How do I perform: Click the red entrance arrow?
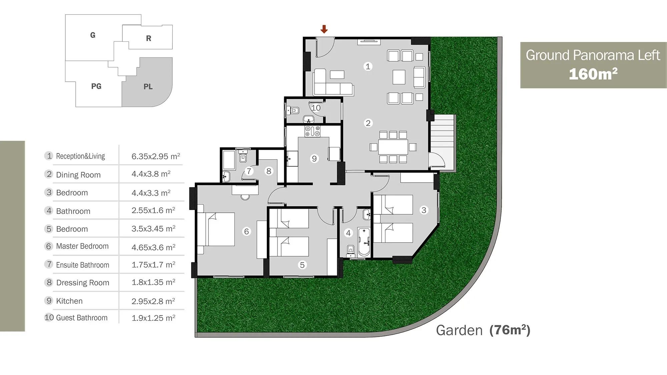click(324, 29)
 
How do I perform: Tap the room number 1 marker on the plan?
click(368, 66)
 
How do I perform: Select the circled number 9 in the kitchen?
click(314, 158)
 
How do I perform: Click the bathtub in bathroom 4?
click(364, 242)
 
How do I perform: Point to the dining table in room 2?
click(393, 147)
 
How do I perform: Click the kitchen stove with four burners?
click(312, 131)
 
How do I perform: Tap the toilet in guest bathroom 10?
click(293, 110)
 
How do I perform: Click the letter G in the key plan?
click(93, 35)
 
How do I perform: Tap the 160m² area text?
click(593, 74)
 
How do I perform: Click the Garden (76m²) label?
click(483, 330)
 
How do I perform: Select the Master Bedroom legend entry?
click(82, 246)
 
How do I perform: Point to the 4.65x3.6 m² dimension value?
click(153, 247)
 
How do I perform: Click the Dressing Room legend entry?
click(83, 283)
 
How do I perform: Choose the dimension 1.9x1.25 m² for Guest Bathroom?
click(153, 318)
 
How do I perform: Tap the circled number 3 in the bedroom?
click(424, 210)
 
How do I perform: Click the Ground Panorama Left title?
click(593, 55)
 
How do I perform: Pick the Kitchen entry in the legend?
click(69, 301)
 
